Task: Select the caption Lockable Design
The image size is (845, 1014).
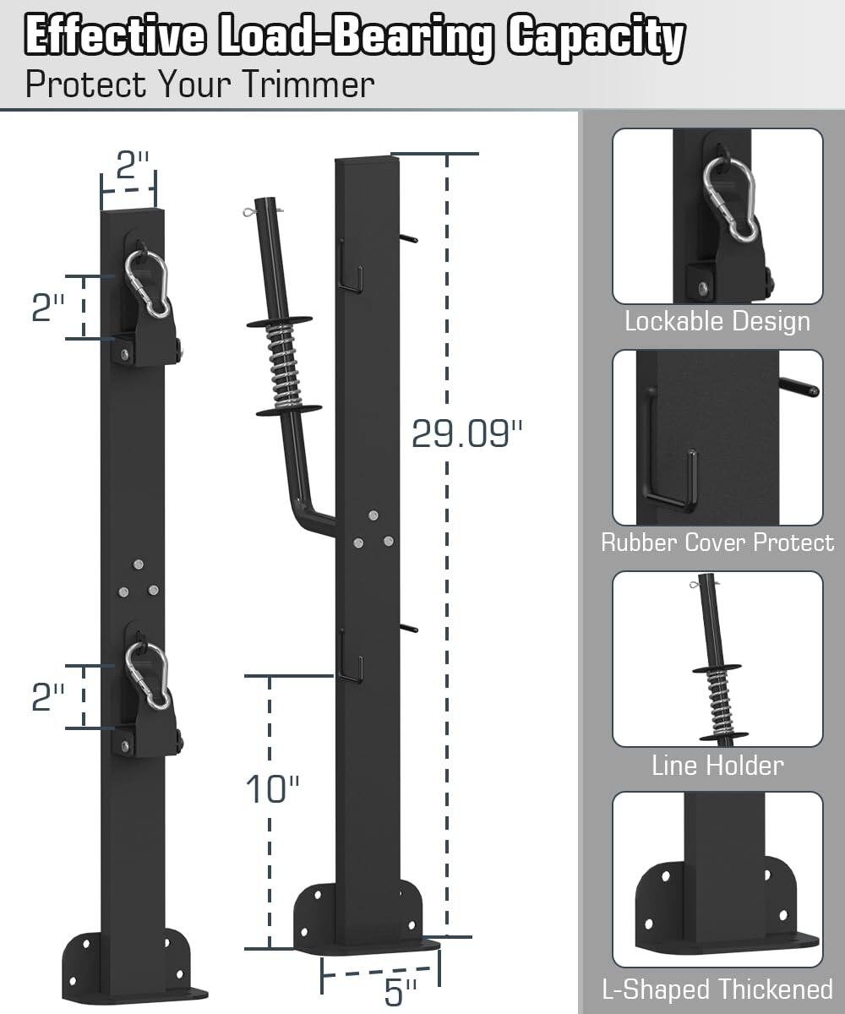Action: pyautogui.click(x=717, y=321)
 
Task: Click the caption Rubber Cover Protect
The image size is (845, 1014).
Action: pyautogui.click(x=717, y=542)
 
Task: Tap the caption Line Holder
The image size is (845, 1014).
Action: pyautogui.click(x=717, y=766)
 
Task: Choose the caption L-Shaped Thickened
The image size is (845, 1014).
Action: pyautogui.click(x=717, y=989)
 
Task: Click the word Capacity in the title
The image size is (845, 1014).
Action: pyautogui.click(x=596, y=37)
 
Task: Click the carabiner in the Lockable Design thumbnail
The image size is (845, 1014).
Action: pyautogui.click(x=728, y=199)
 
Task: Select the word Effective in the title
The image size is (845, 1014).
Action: pyautogui.click(x=115, y=37)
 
